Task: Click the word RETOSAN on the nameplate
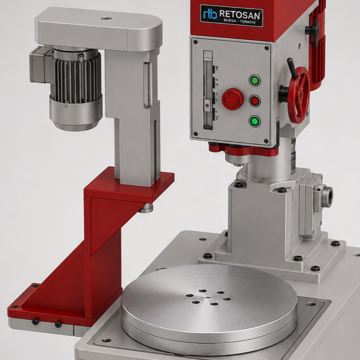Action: [x=240, y=14]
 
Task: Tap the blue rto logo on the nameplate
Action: [x=210, y=14]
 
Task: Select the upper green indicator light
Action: [x=255, y=80]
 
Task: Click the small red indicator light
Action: [x=255, y=101]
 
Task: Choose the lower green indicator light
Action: [x=255, y=121]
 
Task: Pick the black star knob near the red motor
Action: [x=313, y=30]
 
